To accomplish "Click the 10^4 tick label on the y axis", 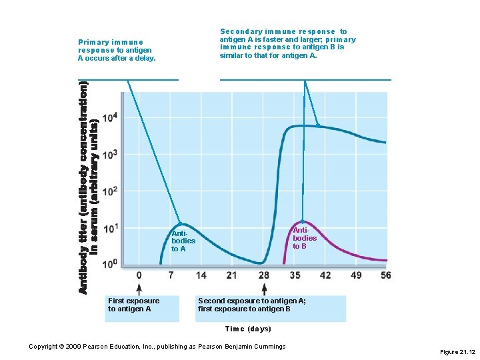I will click(111, 117).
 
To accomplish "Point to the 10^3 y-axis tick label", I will click(111, 154).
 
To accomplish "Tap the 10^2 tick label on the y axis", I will click(111, 191).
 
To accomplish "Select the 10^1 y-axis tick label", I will click(111, 228).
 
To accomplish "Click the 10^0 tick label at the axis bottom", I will click(111, 265).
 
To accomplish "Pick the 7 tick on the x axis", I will click(170, 275).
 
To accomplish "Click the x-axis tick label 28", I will click(264, 275).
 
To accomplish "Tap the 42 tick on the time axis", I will click(325, 275).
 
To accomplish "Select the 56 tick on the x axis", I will click(385, 275).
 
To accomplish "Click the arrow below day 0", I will click(139, 289).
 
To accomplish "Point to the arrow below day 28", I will click(264, 289).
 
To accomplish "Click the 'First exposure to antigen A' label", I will click(134, 305).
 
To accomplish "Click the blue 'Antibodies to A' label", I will click(183, 241).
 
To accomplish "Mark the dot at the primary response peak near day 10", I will click(179, 223).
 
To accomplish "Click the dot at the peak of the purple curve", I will click(302, 221).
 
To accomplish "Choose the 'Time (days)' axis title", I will click(248, 329).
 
